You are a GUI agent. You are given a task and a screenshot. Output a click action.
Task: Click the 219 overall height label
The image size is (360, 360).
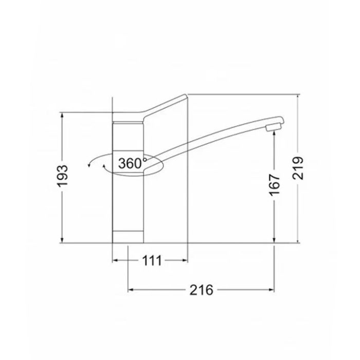298,168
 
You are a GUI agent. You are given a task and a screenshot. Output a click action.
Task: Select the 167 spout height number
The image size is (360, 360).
275,185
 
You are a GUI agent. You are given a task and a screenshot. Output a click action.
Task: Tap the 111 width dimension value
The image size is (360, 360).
152,260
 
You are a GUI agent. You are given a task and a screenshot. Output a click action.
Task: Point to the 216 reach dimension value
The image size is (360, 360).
202,290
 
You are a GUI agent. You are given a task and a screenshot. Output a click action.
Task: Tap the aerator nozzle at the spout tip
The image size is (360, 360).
273,128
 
